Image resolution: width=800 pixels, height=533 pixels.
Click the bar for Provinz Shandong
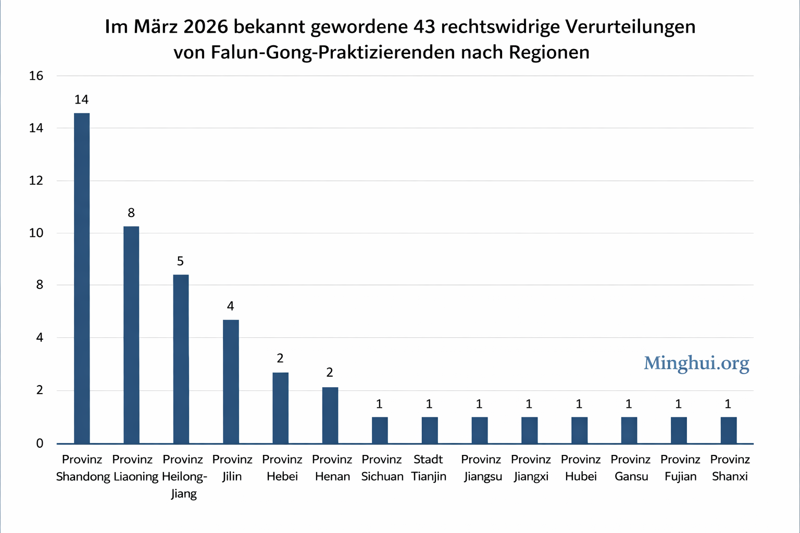coord(82,278)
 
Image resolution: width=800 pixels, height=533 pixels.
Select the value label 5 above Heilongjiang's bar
coord(180,261)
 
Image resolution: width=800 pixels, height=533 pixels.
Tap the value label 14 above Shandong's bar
coord(81,99)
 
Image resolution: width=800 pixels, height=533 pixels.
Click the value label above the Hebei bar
coord(280,358)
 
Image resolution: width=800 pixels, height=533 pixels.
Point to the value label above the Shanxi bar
coord(728,404)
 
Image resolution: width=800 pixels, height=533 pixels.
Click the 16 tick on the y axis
coord(36,76)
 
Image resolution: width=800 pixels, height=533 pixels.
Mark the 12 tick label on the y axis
coord(36,181)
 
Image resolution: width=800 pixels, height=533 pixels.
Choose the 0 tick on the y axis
coord(40,443)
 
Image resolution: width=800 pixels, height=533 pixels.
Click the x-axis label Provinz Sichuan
coord(382,468)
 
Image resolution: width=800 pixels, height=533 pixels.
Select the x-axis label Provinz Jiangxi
coord(531,468)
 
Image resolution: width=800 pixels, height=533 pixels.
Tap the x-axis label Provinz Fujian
coord(680,468)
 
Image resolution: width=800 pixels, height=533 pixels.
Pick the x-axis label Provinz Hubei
coord(581,468)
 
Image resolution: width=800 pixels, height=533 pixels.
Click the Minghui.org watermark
coord(696,363)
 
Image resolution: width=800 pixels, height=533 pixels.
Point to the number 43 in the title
coord(424,27)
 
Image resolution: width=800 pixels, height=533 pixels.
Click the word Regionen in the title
coord(549,53)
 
